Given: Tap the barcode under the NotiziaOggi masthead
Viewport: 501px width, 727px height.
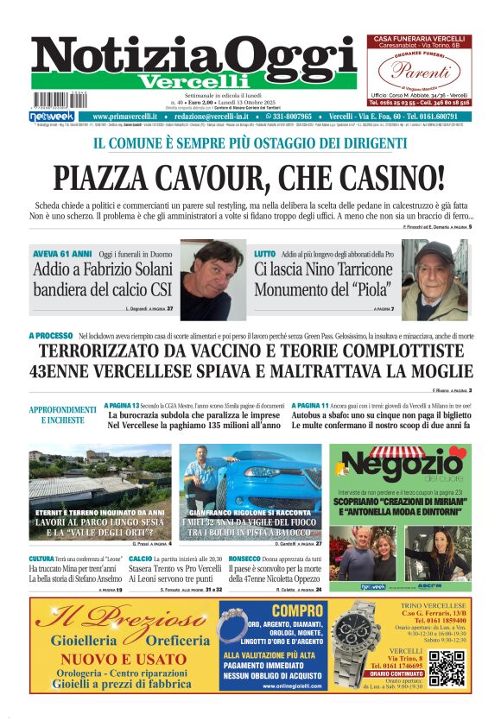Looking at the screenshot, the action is pos(54,100).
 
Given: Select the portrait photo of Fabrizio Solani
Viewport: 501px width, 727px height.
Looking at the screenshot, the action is pos(212,281).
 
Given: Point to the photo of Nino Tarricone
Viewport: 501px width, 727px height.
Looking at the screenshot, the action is pos(440,280).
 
